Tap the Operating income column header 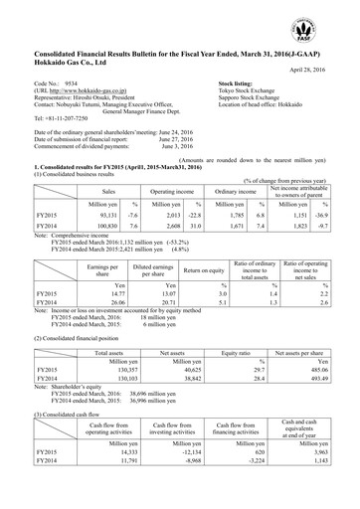click(x=163, y=190)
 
